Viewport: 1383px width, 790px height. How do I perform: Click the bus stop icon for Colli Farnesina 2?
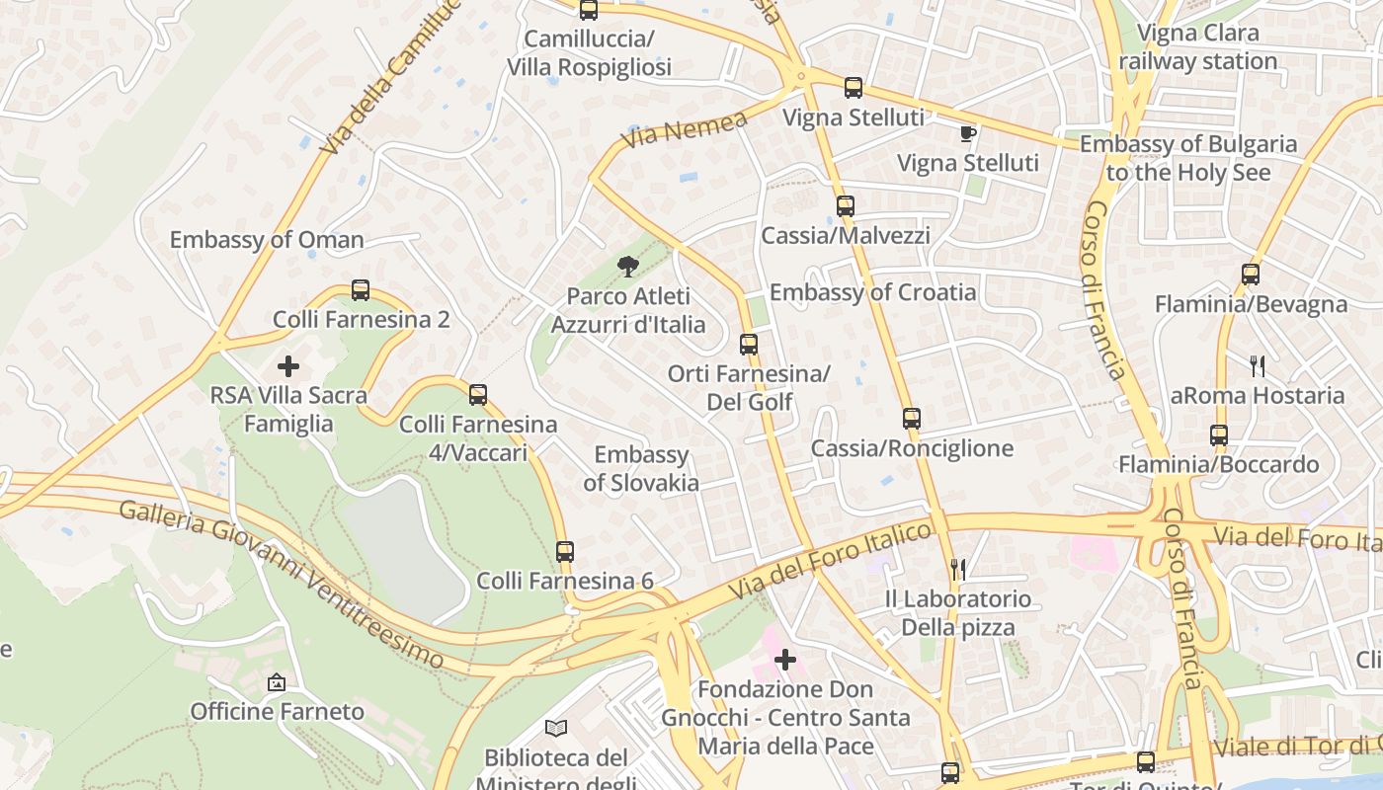pyautogui.click(x=361, y=290)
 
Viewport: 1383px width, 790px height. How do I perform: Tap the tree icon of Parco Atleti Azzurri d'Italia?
pyautogui.click(x=626, y=266)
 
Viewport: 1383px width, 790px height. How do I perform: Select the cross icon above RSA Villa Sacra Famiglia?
pyautogui.click(x=288, y=367)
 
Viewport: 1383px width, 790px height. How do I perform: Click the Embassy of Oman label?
pyautogui.click(x=267, y=240)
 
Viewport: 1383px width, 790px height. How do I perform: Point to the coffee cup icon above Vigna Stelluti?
pyautogui.click(x=967, y=133)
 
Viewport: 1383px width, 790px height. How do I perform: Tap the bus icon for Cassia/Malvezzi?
pyautogui.click(x=845, y=206)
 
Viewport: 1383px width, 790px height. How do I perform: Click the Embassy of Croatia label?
pyautogui.click(x=872, y=292)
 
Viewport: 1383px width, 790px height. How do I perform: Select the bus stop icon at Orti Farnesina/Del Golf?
pyautogui.click(x=749, y=345)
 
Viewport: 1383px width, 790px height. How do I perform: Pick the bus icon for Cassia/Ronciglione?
pyautogui.click(x=911, y=419)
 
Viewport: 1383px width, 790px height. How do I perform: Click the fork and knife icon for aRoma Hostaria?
pyautogui.click(x=1257, y=366)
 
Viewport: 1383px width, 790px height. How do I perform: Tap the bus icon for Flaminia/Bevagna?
pyautogui.click(x=1251, y=275)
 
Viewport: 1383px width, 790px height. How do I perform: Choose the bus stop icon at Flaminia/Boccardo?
pyautogui.click(x=1219, y=435)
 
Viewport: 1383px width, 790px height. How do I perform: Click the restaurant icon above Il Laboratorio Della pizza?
pyautogui.click(x=957, y=569)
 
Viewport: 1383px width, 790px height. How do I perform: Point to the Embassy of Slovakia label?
pyautogui.click(x=641, y=469)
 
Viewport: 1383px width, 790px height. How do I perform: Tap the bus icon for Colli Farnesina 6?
pyautogui.click(x=564, y=551)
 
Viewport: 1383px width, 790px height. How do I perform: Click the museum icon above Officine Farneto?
pyautogui.click(x=277, y=682)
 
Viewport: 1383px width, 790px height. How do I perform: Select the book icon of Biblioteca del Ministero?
pyautogui.click(x=556, y=729)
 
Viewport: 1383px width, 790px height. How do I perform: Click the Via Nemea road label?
pyautogui.click(x=685, y=130)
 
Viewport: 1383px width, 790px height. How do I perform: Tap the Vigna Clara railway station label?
pyautogui.click(x=1198, y=47)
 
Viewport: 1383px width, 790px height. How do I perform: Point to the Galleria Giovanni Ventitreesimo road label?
pyautogui.click(x=282, y=583)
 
